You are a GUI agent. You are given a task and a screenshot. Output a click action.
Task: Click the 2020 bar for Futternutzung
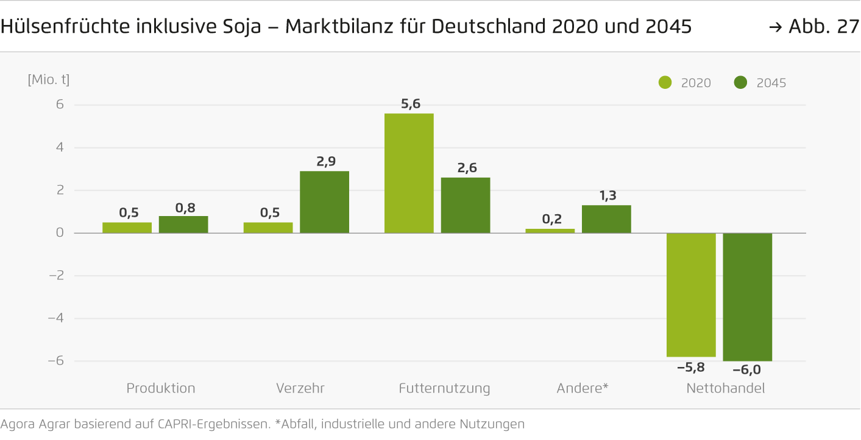click(x=409, y=173)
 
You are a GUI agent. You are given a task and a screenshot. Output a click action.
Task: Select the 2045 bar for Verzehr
click(x=324, y=202)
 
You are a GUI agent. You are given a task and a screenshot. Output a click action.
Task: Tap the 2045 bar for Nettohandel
click(x=747, y=297)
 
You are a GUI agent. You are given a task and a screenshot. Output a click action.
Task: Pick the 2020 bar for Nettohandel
click(x=691, y=295)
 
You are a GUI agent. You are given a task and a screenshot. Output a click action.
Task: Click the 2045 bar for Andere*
click(x=606, y=219)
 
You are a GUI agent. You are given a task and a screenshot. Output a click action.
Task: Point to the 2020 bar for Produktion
click(x=127, y=228)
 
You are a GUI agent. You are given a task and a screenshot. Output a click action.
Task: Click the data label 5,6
click(x=411, y=104)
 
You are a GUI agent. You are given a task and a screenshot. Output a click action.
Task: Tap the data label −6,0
click(x=747, y=369)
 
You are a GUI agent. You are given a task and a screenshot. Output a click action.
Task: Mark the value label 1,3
click(x=608, y=195)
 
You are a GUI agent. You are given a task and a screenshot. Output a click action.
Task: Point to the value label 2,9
click(x=325, y=162)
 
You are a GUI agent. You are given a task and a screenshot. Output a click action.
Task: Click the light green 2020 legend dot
click(x=665, y=83)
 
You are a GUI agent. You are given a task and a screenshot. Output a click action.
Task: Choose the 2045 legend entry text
click(x=771, y=83)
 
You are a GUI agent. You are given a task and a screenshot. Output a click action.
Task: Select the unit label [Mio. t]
click(x=49, y=80)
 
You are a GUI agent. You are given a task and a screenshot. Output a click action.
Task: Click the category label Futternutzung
click(x=444, y=388)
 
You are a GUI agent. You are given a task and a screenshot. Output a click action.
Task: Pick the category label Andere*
click(x=583, y=388)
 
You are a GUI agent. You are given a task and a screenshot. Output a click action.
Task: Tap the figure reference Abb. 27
click(x=823, y=27)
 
